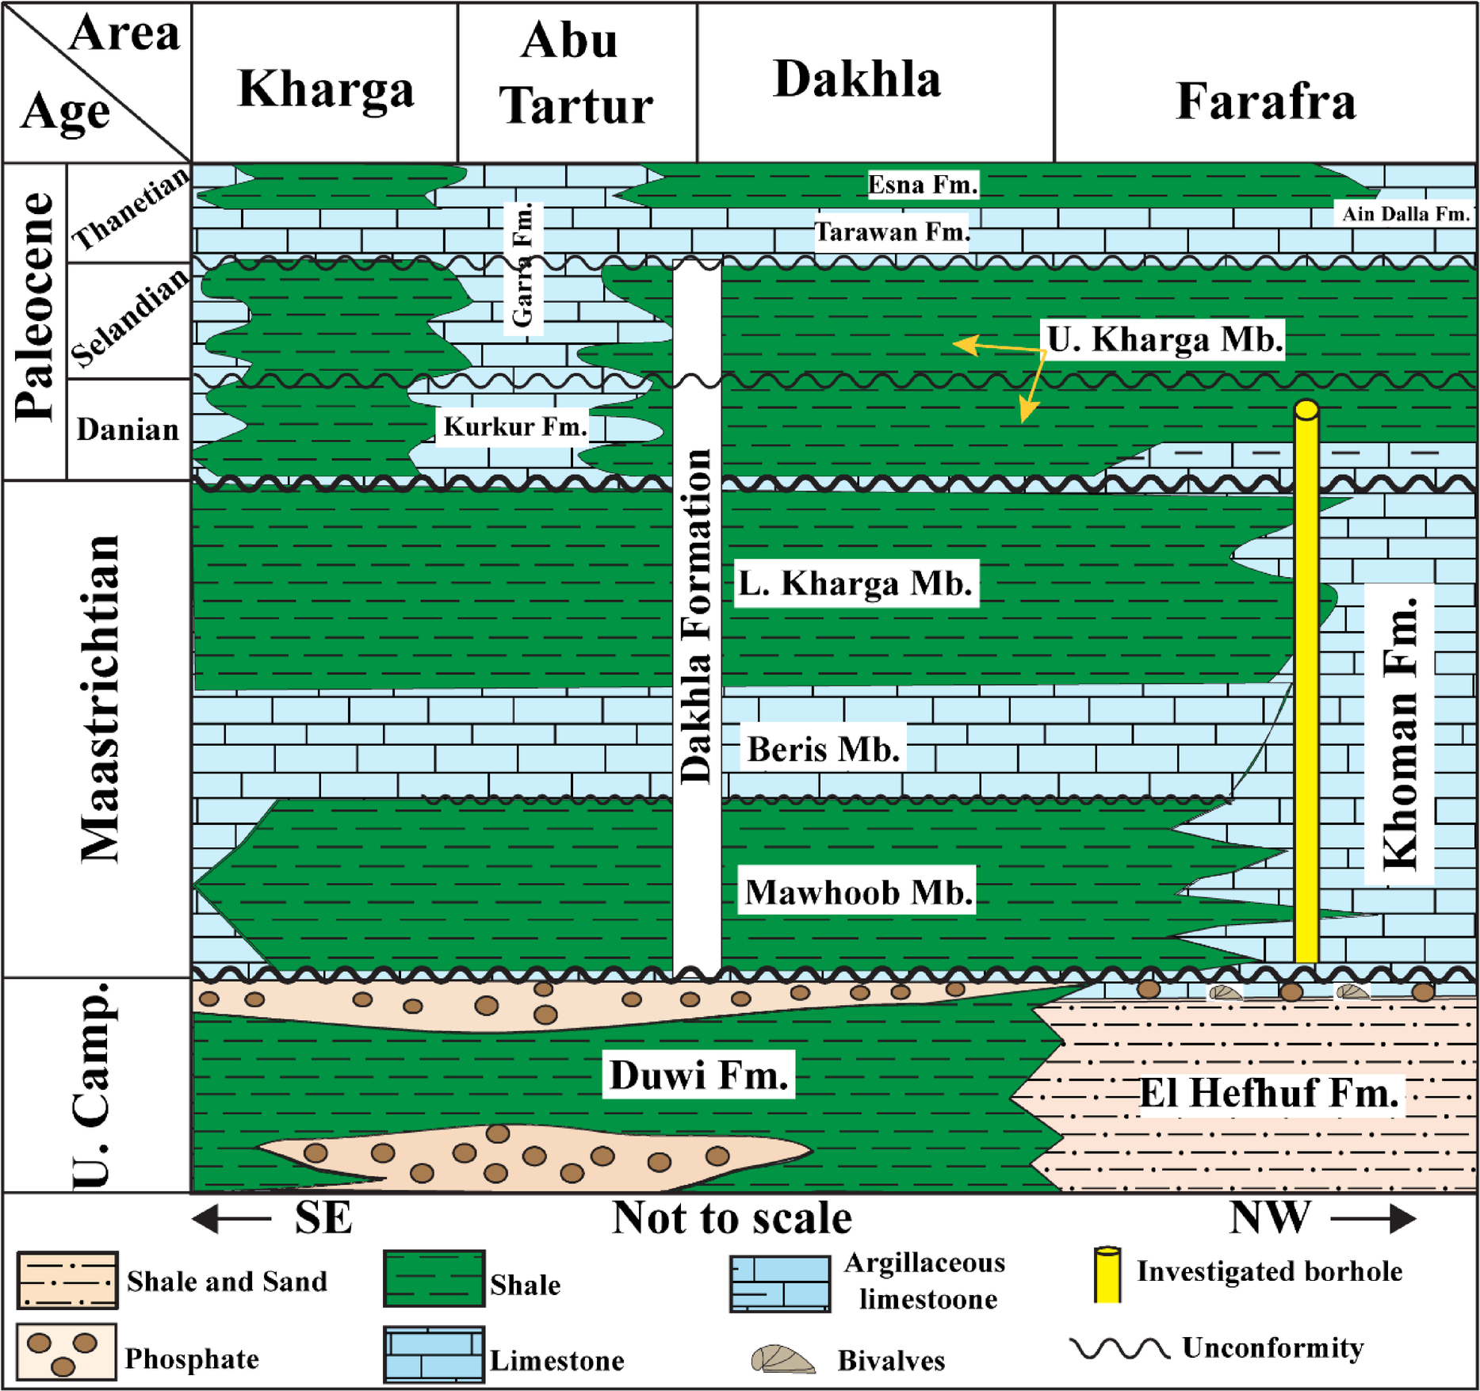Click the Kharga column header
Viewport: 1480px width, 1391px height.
click(x=325, y=89)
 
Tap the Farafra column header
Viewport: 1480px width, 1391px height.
click(x=1265, y=101)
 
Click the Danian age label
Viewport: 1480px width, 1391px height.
click(x=128, y=430)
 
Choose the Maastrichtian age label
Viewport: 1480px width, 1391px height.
click(x=101, y=697)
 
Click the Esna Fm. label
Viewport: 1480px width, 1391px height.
click(x=923, y=185)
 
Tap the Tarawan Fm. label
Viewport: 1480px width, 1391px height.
click(x=892, y=232)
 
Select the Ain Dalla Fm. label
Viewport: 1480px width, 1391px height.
click(x=1405, y=213)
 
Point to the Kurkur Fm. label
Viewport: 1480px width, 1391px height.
click(x=515, y=426)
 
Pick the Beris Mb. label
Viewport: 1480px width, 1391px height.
click(x=824, y=749)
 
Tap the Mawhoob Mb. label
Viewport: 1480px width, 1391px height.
click(x=859, y=892)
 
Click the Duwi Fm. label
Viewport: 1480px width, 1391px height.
click(x=698, y=1076)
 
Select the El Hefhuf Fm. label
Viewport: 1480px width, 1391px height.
click(x=1268, y=1094)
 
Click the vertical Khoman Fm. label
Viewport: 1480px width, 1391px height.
click(x=1399, y=733)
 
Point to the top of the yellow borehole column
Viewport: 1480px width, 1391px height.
click(x=1306, y=410)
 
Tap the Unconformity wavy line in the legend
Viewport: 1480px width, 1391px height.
click(x=1119, y=1348)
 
